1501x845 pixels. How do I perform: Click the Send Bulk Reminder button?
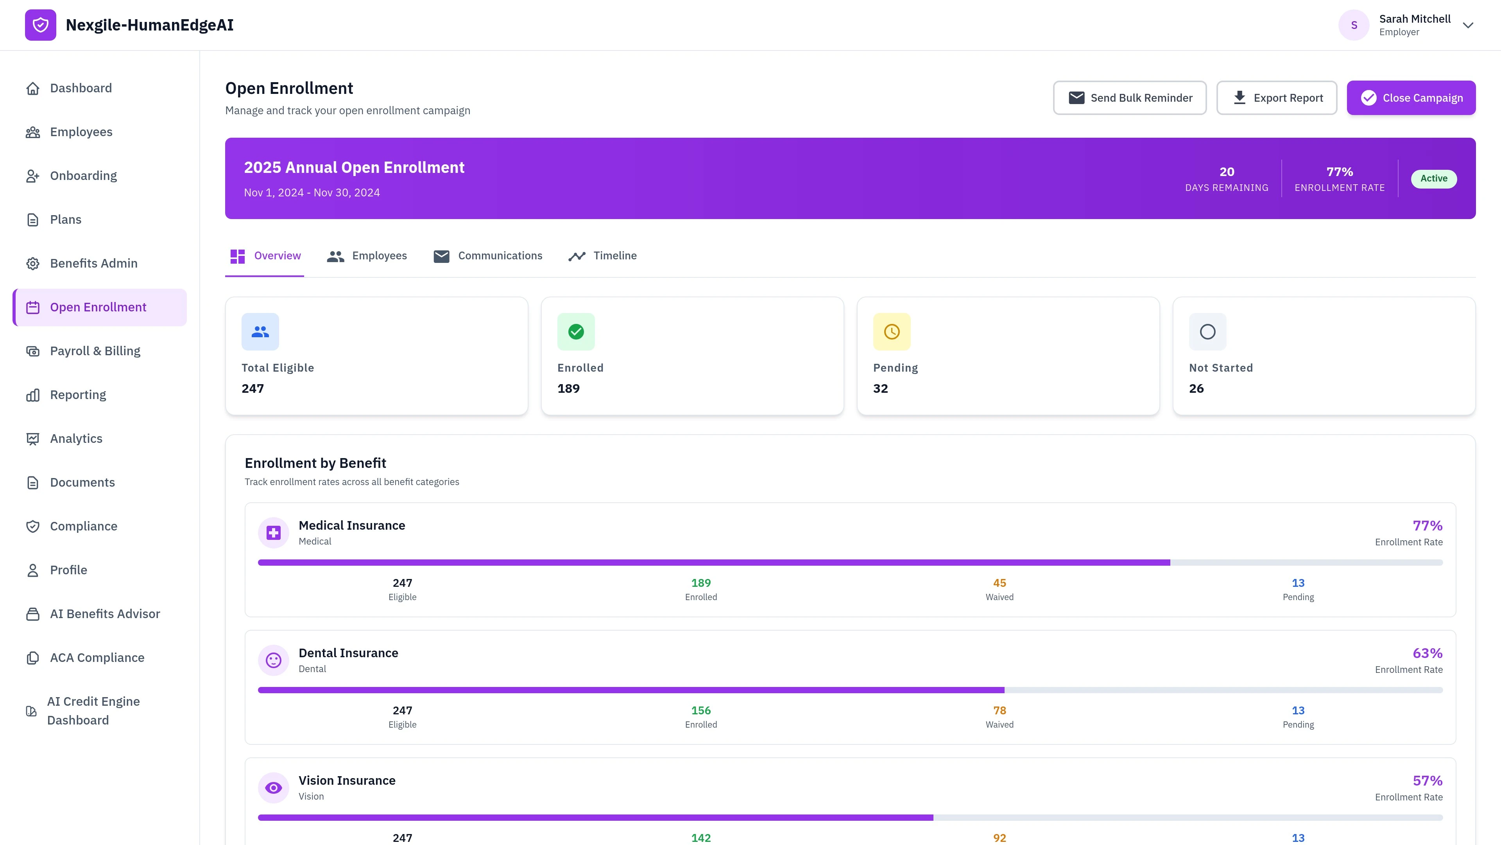(1129, 98)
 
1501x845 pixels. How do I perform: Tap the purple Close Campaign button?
(1411, 98)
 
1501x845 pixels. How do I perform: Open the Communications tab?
(488, 256)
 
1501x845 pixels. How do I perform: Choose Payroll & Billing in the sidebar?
(95, 351)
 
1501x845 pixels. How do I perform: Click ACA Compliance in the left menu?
(97, 658)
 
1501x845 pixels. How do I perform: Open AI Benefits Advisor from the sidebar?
(105, 614)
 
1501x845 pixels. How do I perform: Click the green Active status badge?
(1433, 178)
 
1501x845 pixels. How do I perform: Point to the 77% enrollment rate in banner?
(1339, 172)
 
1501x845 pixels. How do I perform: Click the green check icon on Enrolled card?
(576, 332)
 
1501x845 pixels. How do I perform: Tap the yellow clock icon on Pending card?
(892, 332)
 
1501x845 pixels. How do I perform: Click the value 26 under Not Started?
(1196, 388)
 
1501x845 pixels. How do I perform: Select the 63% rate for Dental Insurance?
(1427, 653)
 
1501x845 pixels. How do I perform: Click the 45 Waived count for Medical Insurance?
(999, 583)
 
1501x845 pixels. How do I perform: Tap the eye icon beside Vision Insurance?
(273, 788)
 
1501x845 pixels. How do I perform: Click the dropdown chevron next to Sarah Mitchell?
(1468, 25)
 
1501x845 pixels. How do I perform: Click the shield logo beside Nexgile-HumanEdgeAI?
(40, 25)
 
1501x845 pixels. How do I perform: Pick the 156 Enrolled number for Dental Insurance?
(700, 710)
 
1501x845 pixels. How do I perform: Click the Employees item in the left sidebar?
(81, 132)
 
